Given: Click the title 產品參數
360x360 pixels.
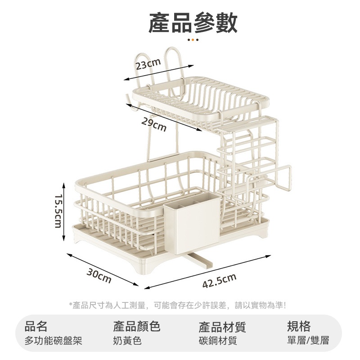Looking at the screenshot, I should [x=193, y=23].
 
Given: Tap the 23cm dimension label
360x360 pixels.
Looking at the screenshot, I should [x=148, y=65].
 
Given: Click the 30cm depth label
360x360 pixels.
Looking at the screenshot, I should [x=99, y=275].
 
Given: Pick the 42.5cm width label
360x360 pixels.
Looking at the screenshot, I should [x=219, y=283].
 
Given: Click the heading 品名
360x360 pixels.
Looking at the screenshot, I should [x=36, y=326].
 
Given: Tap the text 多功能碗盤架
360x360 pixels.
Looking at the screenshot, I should [x=54, y=341].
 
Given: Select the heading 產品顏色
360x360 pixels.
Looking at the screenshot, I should [x=137, y=326].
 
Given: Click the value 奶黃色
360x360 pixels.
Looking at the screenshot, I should [x=127, y=341].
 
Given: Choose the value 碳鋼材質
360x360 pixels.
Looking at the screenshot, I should [x=218, y=341].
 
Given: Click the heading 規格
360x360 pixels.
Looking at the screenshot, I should [x=299, y=326].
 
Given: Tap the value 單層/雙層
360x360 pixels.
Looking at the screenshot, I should [x=308, y=341].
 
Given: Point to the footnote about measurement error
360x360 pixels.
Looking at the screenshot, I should [x=178, y=305].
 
